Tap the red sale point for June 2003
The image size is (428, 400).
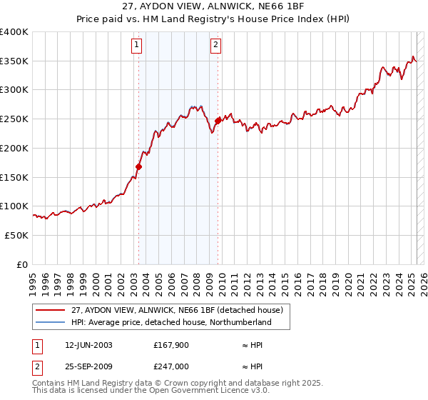point(138,167)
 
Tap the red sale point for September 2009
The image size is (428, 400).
point(218,121)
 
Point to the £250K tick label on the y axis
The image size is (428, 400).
point(14,119)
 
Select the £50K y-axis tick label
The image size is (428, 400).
point(16,235)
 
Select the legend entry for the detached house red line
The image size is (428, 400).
point(177,310)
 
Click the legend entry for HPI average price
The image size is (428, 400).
point(170,323)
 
